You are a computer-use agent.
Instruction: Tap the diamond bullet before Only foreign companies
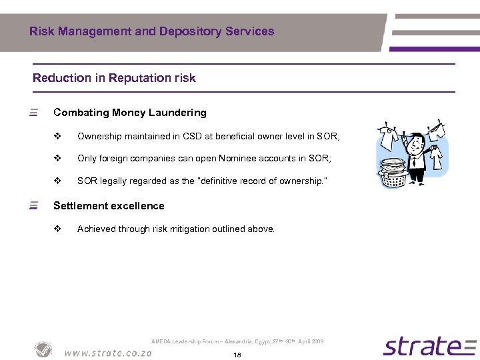(x=57, y=158)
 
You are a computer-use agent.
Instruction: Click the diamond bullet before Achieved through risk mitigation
(x=57, y=229)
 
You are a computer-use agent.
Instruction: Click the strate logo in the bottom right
(x=430, y=346)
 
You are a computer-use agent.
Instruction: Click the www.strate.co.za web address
(x=108, y=353)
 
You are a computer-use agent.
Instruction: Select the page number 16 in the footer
(x=237, y=355)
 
